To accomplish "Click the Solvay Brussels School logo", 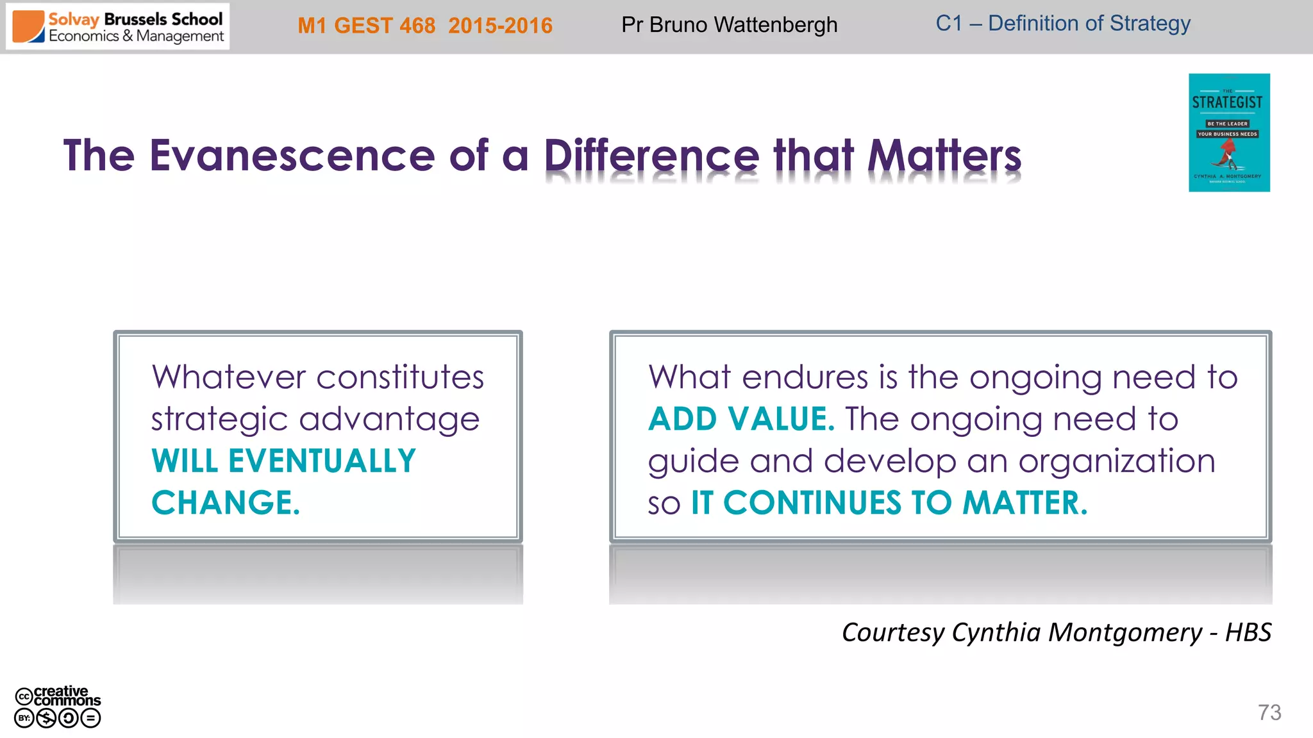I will point(118,27).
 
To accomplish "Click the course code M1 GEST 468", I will point(366,26).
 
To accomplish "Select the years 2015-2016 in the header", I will point(500,26).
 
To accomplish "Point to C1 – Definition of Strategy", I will point(1062,24).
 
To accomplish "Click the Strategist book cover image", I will point(1228,133).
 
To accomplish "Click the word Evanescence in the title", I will point(292,156).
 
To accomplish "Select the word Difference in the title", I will point(651,157).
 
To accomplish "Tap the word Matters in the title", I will point(944,157).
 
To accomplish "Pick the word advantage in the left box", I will point(389,419).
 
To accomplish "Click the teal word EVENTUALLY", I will point(322,461).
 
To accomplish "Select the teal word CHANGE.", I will point(225,503).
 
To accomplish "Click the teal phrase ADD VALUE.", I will point(741,419).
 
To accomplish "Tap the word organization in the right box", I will point(1116,461).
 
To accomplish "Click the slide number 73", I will point(1269,712).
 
